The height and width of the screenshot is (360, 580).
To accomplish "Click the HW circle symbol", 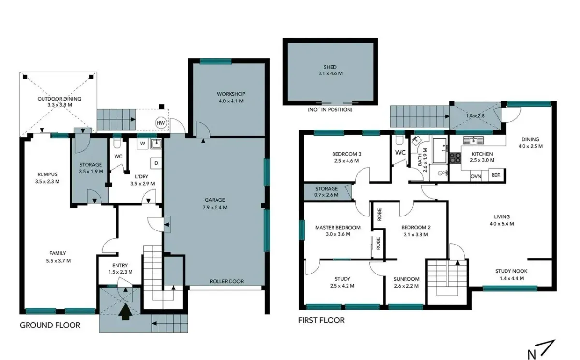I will click(160, 123).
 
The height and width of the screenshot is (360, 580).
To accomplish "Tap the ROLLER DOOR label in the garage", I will click(226, 281).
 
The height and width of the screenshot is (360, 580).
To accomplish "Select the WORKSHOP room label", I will click(231, 94).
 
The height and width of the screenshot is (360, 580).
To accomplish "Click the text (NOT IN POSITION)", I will click(330, 110).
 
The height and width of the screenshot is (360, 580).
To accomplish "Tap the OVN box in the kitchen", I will click(476, 176).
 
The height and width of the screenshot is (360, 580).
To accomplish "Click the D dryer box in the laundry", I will click(156, 163).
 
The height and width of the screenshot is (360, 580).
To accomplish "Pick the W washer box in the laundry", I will click(143, 144).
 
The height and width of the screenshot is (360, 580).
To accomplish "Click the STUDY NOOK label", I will click(511, 271).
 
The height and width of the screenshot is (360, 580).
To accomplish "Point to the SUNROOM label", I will click(406, 279).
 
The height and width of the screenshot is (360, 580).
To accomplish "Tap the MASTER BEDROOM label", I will click(337, 227).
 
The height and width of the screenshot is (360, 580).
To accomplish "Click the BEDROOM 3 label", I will click(347, 154).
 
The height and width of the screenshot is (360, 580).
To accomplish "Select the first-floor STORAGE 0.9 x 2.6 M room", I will click(326, 192).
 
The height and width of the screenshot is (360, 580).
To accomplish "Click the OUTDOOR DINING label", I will click(59, 99).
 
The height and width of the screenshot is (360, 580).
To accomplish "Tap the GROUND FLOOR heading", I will click(50, 325).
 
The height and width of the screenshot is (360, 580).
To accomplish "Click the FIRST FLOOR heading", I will click(321, 320).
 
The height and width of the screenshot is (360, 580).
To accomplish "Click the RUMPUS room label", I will click(47, 174).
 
